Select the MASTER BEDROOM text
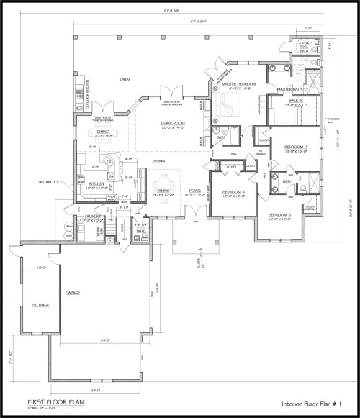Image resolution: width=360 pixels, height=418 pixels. pyautogui.click(x=239, y=85)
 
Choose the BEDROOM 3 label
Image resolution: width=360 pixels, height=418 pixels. pyautogui.click(x=279, y=215)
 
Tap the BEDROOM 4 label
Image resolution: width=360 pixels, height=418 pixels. pyautogui.click(x=233, y=192)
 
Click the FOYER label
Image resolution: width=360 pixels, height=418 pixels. pyautogui.click(x=194, y=191)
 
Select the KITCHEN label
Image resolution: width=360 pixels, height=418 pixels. pyautogui.click(x=97, y=183)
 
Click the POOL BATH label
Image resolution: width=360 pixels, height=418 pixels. pyautogui.click(x=303, y=50)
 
